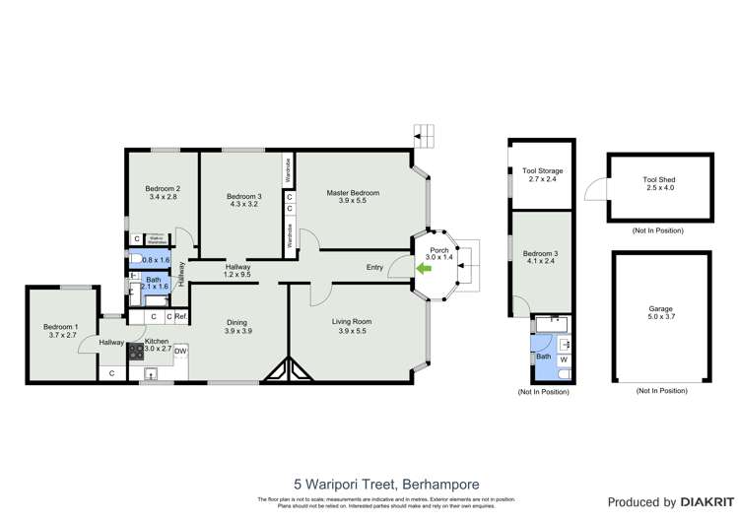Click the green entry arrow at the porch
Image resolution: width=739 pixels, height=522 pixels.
click(427, 267)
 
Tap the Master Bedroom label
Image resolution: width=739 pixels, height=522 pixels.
click(353, 193)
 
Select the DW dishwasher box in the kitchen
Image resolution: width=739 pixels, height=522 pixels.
click(180, 351)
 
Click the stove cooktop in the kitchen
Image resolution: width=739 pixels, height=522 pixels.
click(136, 351)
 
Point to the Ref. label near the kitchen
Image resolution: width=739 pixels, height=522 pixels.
click(180, 316)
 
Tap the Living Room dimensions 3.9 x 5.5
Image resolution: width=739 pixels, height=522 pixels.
click(354, 331)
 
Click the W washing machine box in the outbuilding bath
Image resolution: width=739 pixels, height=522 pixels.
click(563, 359)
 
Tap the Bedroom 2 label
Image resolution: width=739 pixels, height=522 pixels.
click(163, 188)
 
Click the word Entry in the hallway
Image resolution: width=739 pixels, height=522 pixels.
click(375, 267)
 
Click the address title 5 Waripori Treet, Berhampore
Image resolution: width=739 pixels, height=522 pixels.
click(369, 484)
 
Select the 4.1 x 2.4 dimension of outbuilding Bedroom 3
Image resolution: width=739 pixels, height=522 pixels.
click(540, 262)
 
